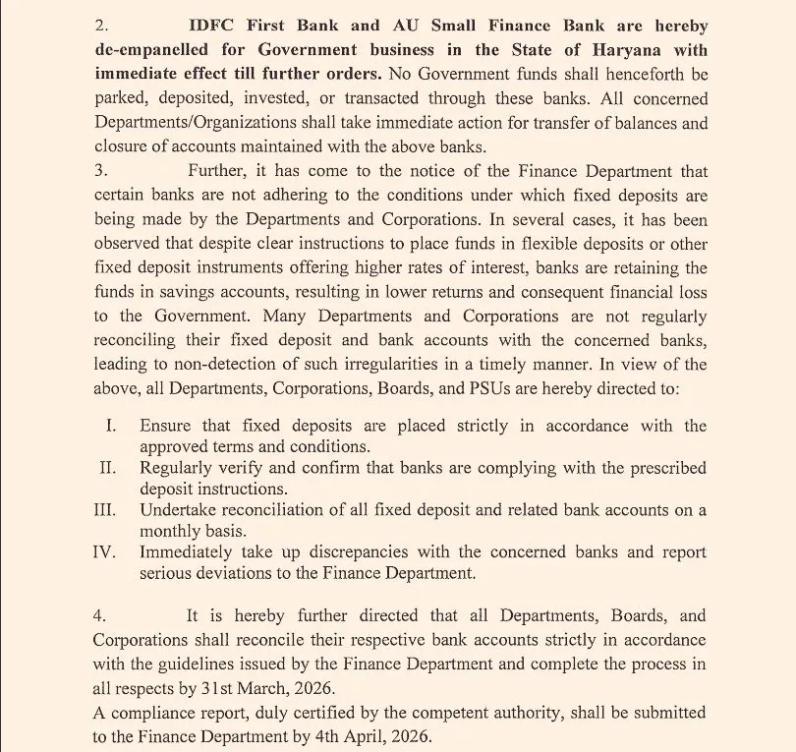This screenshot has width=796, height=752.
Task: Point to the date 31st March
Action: (293, 688)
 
